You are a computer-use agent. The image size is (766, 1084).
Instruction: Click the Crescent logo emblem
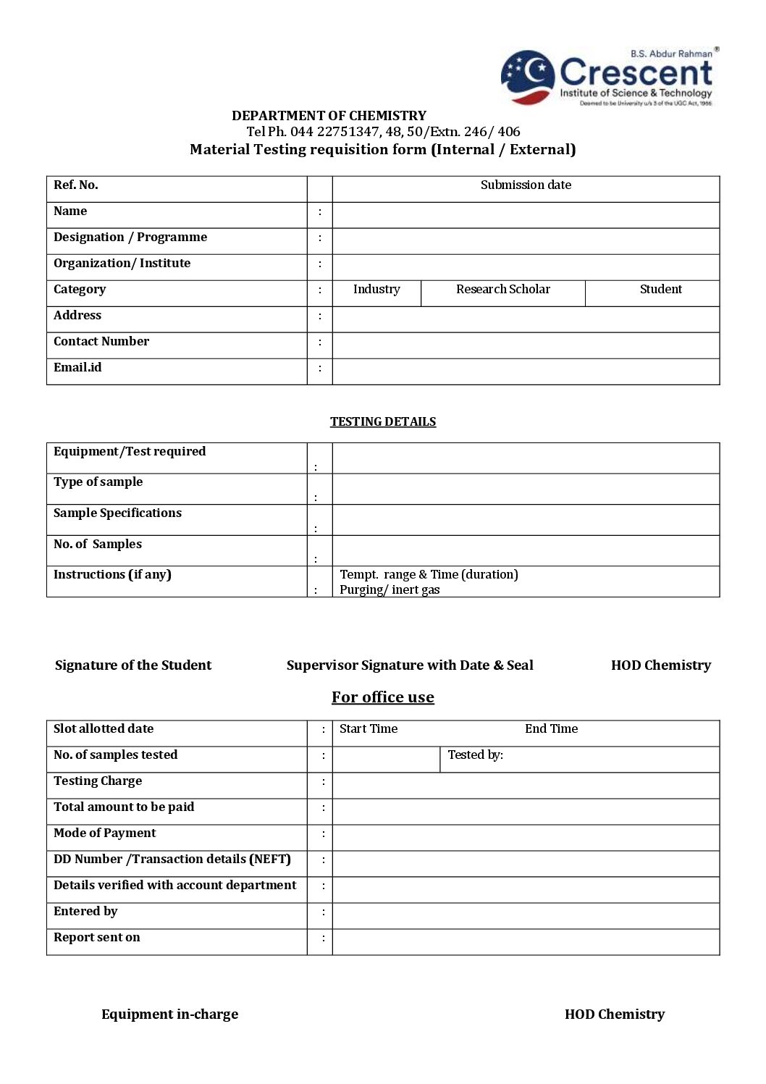tap(528, 77)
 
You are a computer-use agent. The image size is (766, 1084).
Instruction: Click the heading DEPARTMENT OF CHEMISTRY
tap(329, 116)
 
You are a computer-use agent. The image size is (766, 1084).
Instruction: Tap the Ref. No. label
tap(75, 185)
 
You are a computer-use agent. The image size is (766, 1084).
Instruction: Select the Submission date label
tap(526, 185)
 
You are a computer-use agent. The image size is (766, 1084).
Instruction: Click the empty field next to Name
tap(526, 215)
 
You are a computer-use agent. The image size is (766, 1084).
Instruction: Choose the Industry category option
tap(376, 290)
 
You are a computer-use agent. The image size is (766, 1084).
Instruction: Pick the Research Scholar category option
tap(502, 290)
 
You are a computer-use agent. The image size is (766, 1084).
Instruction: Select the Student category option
tap(660, 290)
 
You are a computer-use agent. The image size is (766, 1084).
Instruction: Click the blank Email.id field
tap(526, 371)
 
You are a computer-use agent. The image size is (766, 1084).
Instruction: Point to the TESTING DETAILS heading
tap(383, 422)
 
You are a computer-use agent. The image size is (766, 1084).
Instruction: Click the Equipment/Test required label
tap(130, 452)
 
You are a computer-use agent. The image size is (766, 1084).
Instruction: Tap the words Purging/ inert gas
tap(390, 590)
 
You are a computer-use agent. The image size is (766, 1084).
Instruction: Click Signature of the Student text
tap(133, 665)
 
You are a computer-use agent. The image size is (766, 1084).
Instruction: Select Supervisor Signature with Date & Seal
tap(410, 665)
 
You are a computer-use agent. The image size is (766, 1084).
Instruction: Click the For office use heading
tap(383, 697)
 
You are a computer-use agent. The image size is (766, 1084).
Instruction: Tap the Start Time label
tap(369, 729)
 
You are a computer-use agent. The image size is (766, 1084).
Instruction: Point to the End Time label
tap(551, 729)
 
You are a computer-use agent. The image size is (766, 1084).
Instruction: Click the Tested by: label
tap(475, 755)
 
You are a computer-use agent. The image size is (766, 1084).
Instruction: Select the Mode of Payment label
tap(104, 833)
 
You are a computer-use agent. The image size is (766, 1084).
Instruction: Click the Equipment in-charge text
tap(169, 1014)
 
